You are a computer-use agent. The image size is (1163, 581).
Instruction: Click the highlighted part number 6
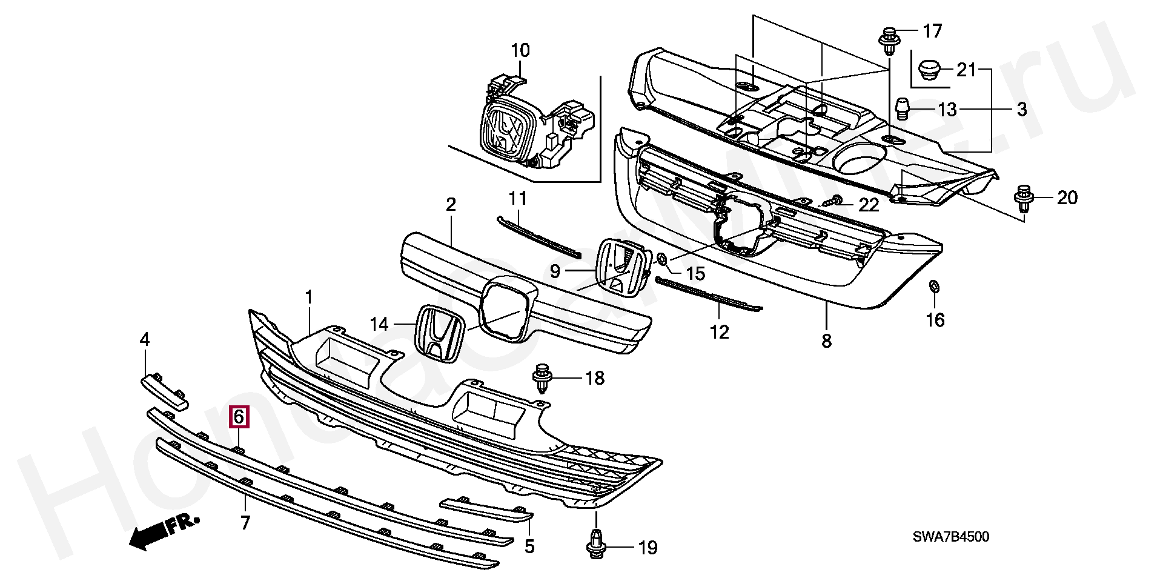tap(238, 417)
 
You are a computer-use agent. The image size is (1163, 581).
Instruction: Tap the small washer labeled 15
tap(663, 259)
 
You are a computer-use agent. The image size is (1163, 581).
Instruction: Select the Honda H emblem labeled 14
tap(440, 334)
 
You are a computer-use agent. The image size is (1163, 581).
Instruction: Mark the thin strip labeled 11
tap(538, 237)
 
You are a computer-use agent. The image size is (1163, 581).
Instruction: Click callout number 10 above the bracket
tap(520, 50)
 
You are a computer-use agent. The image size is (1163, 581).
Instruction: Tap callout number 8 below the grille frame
tap(826, 341)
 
